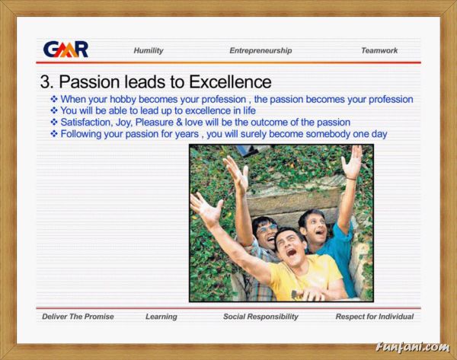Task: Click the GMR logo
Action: [66, 49]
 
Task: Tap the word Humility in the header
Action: [149, 51]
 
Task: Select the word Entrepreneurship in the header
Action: [260, 51]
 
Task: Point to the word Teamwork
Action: [379, 50]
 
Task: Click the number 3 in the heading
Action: [46, 82]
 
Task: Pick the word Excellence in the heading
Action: [230, 82]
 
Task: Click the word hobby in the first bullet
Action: [123, 99]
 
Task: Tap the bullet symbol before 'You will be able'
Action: [54, 110]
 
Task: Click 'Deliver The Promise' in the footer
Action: [78, 317]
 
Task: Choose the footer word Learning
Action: [161, 317]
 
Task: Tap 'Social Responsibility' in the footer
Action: [260, 317]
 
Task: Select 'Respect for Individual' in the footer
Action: [375, 317]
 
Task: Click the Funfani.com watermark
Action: [413, 347]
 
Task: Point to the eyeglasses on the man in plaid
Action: [267, 228]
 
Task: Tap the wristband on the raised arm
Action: [351, 177]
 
